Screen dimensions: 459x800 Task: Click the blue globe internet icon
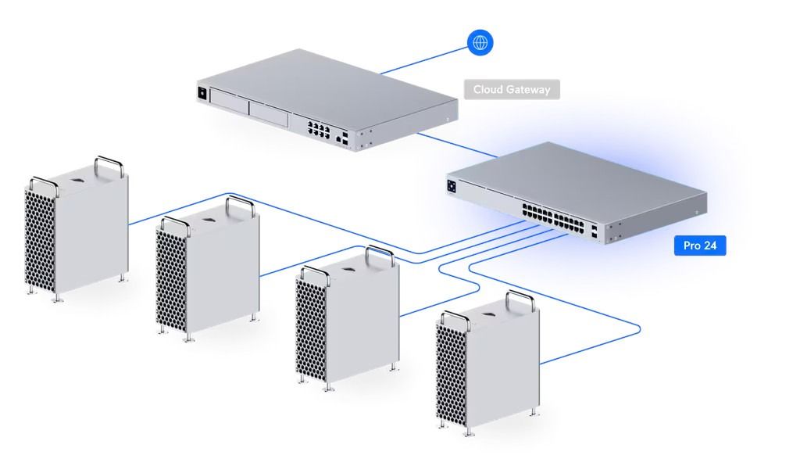coord(480,41)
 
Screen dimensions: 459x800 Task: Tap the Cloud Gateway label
coord(512,89)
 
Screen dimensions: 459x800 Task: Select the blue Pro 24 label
coord(700,246)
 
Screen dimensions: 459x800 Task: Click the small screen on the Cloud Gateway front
coord(202,94)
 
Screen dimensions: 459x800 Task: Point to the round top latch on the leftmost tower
coord(80,180)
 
